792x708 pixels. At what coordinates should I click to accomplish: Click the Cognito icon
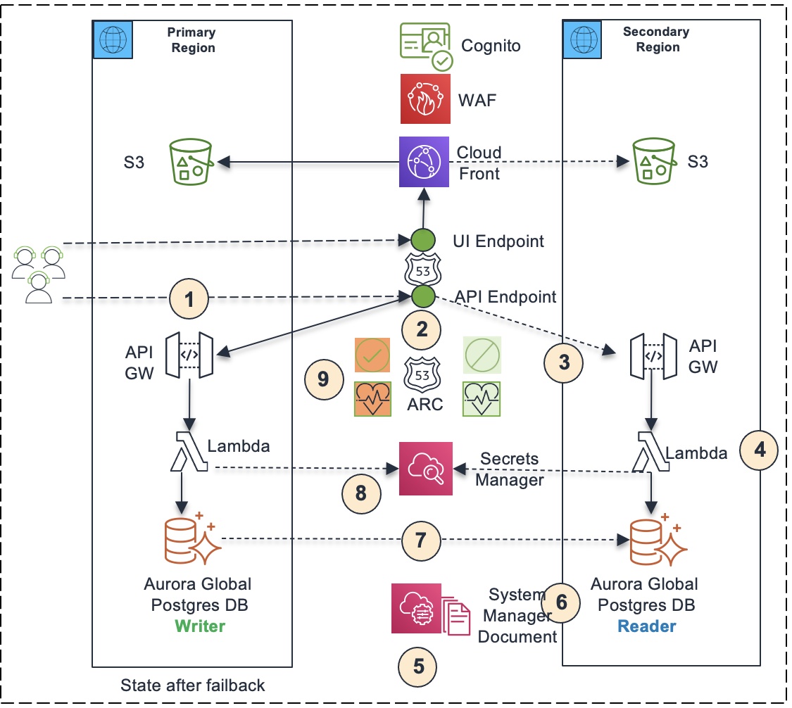(426, 46)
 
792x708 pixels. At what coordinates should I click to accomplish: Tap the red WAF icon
(425, 99)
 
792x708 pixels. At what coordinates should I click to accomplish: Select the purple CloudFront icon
(424, 162)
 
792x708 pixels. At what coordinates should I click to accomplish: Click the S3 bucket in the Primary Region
(191, 162)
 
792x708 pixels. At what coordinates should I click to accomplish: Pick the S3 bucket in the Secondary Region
(654, 161)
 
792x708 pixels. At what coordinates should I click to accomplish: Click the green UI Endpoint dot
(423, 240)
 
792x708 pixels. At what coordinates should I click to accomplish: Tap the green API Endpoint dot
(423, 296)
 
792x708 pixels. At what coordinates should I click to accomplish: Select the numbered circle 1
(189, 298)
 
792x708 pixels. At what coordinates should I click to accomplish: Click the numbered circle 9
(324, 379)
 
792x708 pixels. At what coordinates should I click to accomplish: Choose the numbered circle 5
(417, 666)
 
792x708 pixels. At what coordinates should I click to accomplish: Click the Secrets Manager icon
(425, 469)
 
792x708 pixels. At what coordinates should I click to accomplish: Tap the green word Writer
(200, 626)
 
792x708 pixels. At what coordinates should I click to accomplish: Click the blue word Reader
(646, 626)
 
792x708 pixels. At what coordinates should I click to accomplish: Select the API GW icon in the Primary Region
(189, 355)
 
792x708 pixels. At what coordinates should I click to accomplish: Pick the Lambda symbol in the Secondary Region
(651, 452)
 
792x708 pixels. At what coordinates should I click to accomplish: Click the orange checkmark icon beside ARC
(372, 355)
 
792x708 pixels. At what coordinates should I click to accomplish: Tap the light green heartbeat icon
(482, 399)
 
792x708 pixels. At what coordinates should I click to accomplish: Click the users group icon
(39, 274)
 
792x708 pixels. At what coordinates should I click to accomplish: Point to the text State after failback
(192, 685)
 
